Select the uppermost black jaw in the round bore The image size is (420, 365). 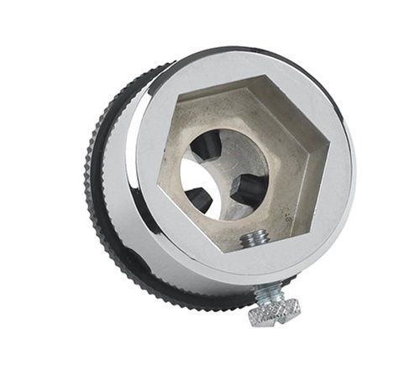(207, 149)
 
